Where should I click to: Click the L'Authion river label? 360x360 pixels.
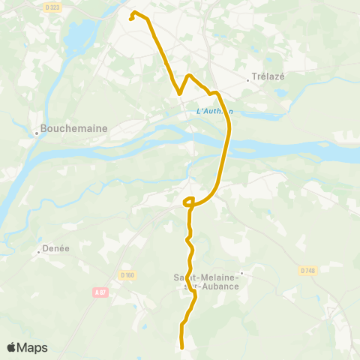coord(214,112)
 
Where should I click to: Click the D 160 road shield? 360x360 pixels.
coord(126,275)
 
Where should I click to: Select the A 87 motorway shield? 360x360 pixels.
coord(102,292)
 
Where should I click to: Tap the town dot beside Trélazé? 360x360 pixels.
coord(248,77)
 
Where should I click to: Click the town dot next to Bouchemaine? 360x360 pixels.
coord(36,134)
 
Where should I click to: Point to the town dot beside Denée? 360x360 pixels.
coord(39,252)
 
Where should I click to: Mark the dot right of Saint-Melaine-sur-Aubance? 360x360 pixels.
coord(241,274)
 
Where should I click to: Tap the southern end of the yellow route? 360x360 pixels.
coord(182,346)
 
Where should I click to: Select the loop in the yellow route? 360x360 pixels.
coord(189,200)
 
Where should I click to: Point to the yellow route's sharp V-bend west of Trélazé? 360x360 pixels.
coord(179,94)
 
